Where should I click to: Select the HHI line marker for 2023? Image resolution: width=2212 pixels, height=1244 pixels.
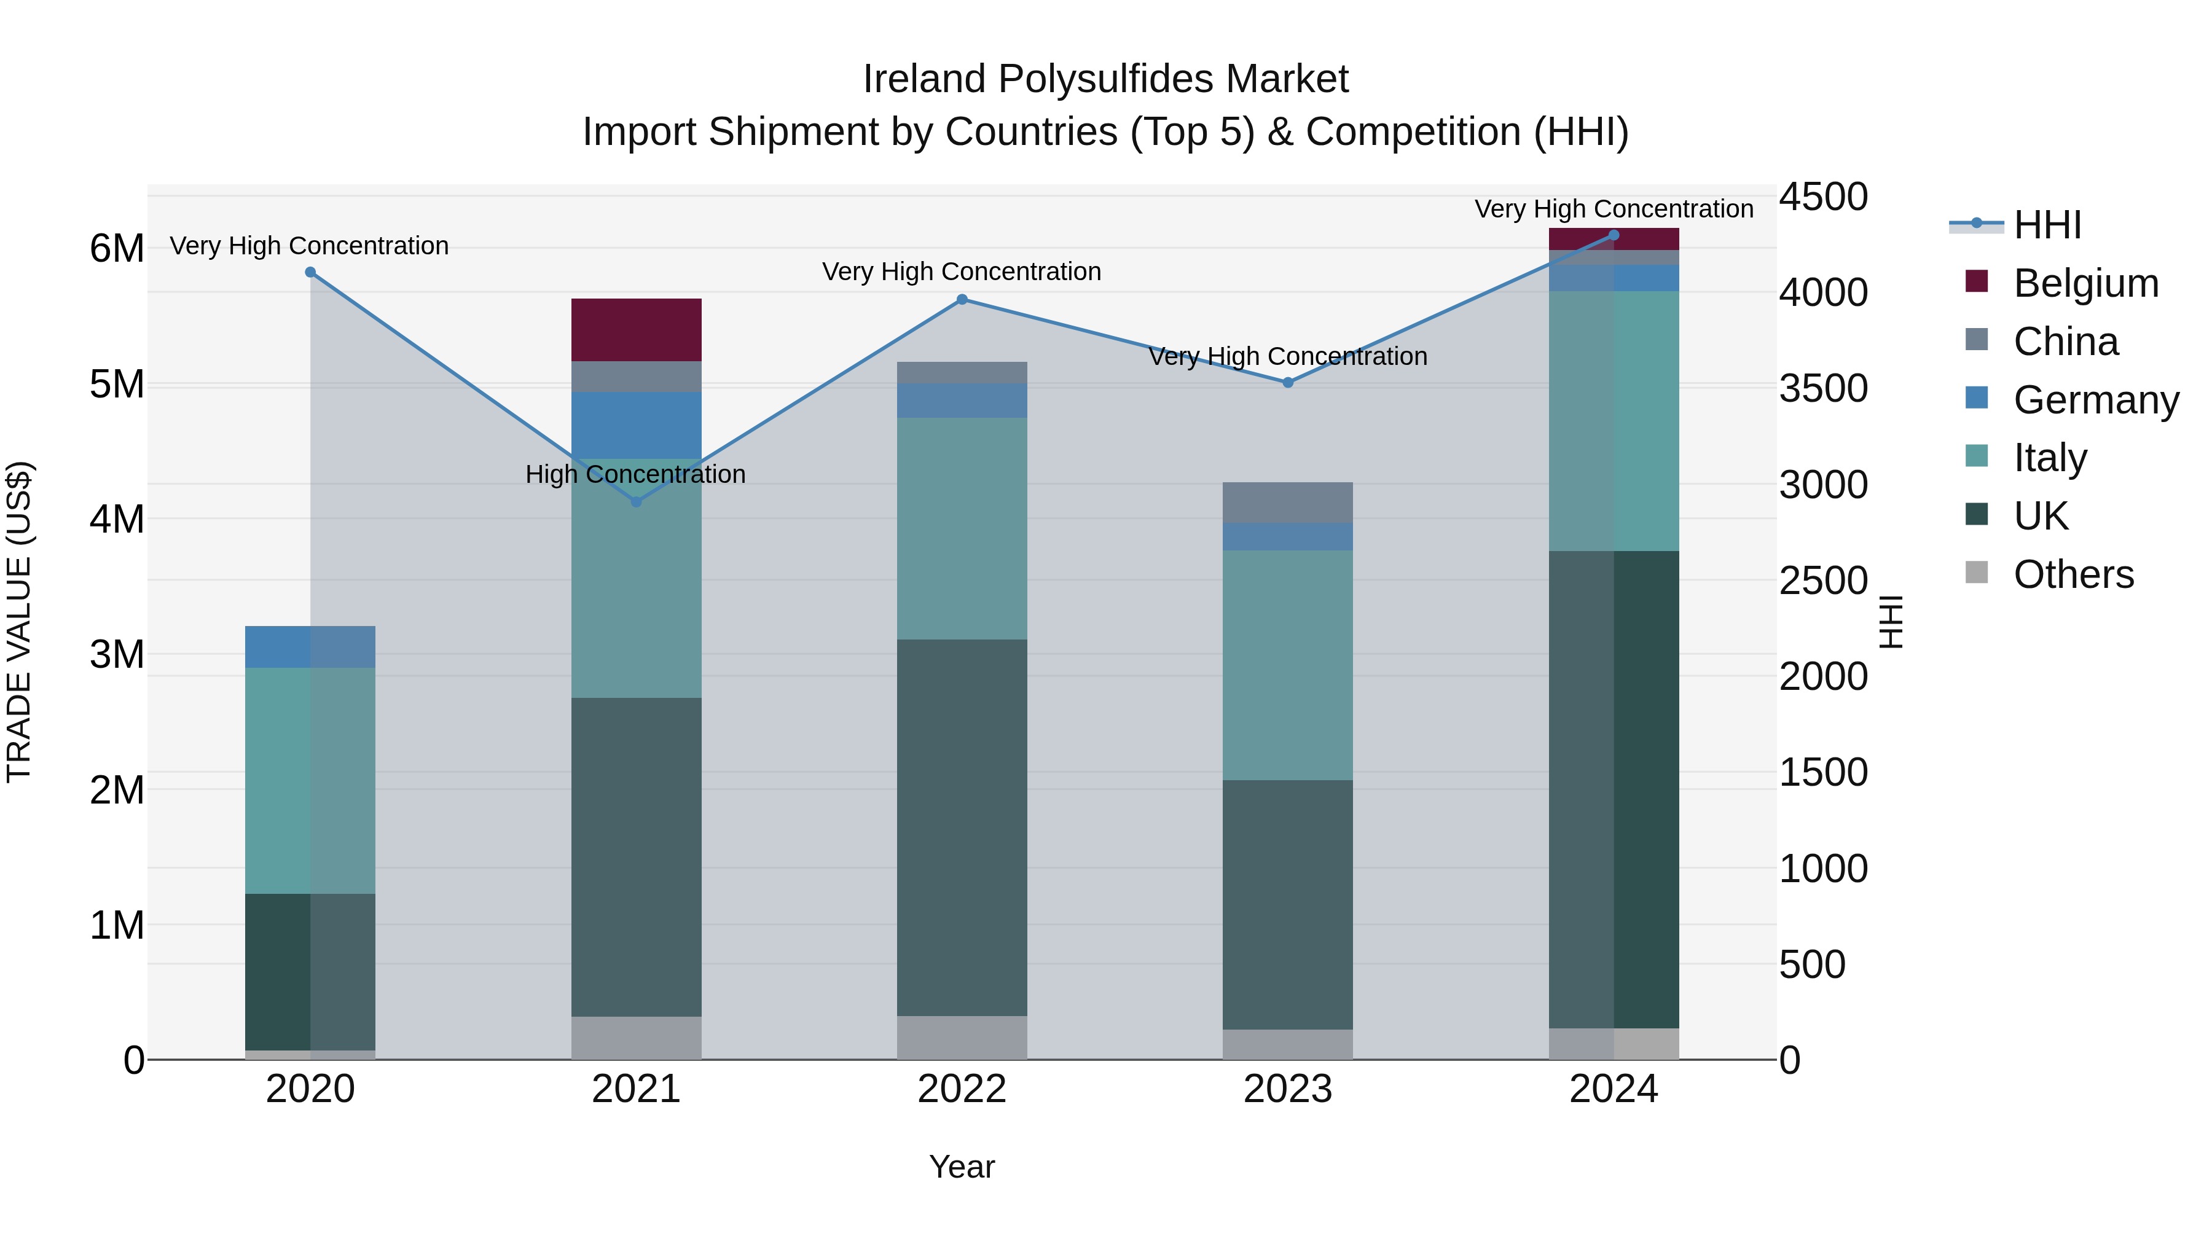[1287, 383]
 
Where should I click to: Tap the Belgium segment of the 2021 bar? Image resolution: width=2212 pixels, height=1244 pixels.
[637, 330]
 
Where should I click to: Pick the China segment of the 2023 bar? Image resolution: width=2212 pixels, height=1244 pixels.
[1287, 503]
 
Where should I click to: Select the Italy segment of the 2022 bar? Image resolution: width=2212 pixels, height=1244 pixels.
[962, 528]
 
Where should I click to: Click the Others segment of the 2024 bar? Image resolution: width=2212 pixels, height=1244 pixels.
[1614, 1044]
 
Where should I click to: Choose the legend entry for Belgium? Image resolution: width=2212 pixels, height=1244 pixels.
[2085, 283]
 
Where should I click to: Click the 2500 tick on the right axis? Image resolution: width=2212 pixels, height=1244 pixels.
[1822, 581]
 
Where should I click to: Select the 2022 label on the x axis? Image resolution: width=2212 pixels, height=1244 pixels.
[962, 1089]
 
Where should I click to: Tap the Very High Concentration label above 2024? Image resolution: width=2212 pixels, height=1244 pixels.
[1614, 209]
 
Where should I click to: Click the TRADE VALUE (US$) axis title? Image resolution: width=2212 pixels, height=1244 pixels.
[19, 622]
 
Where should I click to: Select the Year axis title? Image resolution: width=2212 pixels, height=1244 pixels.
[962, 1167]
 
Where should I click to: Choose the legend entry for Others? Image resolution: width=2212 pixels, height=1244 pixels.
[2073, 574]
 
